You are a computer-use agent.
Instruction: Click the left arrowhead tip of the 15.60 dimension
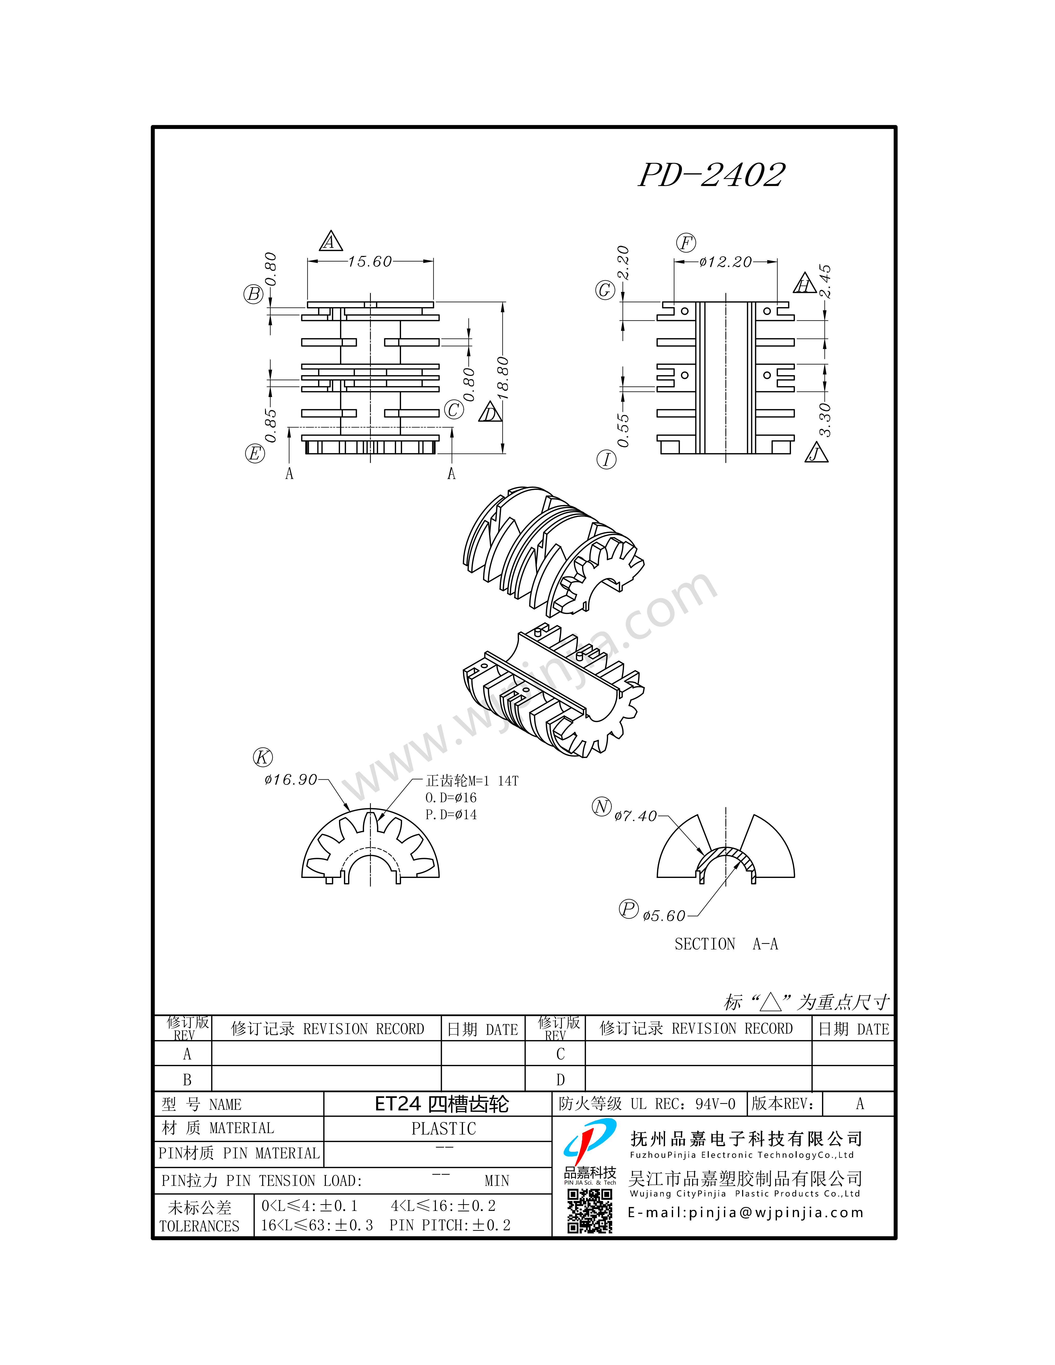307,261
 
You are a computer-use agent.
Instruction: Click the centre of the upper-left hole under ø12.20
685,311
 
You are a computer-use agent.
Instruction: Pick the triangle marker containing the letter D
491,413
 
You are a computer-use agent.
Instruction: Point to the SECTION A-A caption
726,944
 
